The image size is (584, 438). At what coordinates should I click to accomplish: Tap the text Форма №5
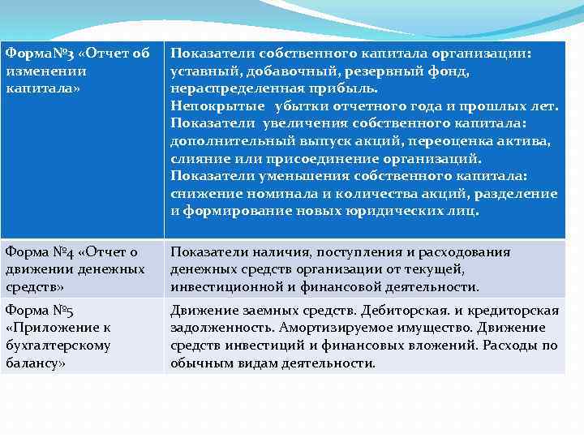click(39, 310)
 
